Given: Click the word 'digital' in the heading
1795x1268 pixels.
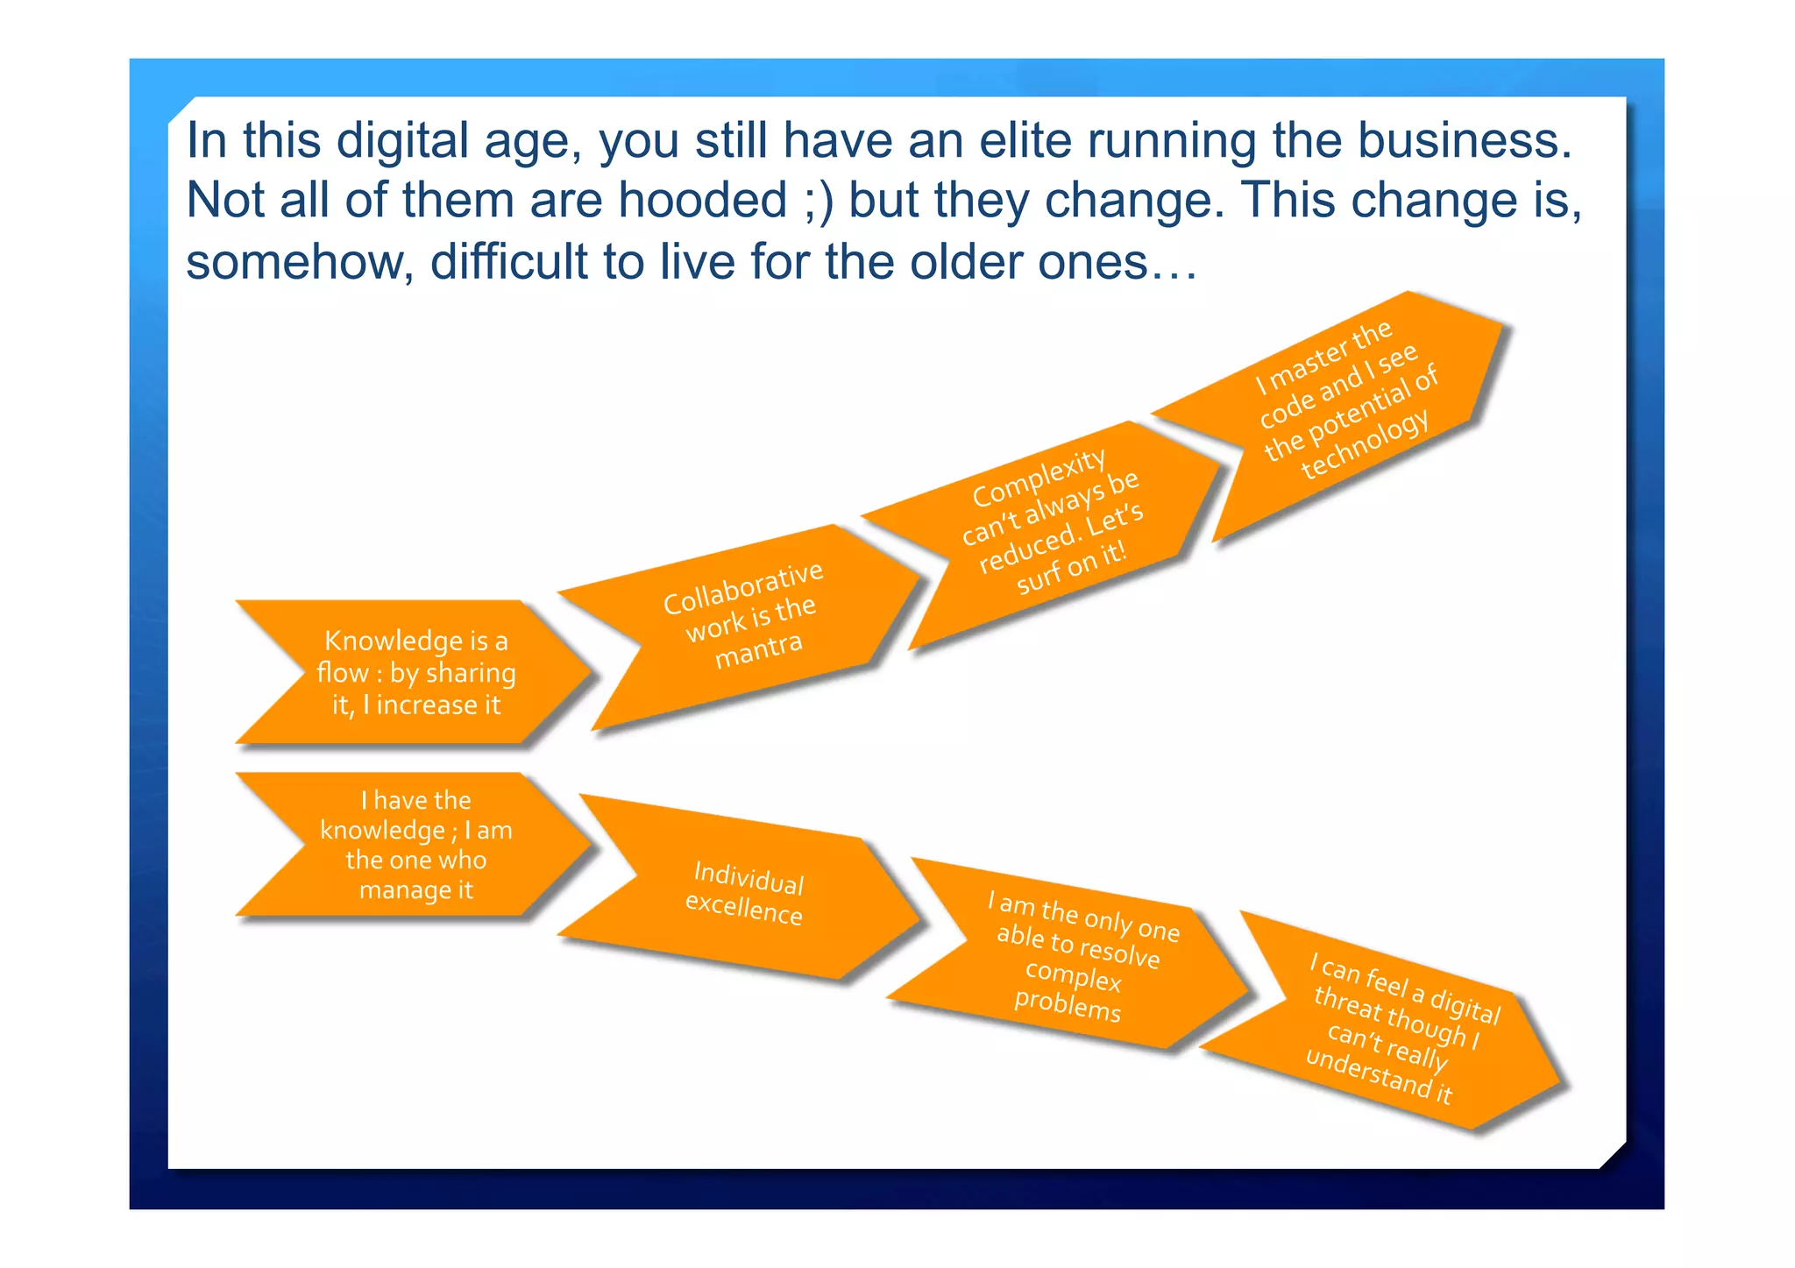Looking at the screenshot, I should [x=402, y=141].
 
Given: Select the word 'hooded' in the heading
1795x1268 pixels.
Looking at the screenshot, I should [x=703, y=201].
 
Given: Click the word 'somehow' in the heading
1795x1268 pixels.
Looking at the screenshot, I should [x=298, y=262].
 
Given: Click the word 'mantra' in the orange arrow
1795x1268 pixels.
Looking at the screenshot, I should [x=758, y=649].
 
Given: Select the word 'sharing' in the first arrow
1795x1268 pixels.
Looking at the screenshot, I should [x=472, y=673].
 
